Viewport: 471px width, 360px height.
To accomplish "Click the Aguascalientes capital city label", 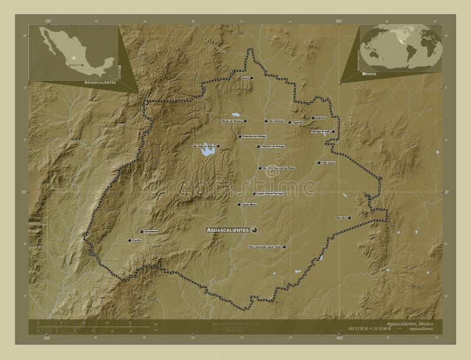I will pos(227,229).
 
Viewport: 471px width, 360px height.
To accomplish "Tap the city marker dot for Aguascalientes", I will pos(254,229).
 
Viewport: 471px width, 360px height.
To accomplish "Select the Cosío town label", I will pos(244,78).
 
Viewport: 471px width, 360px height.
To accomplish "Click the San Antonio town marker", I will pos(266,121).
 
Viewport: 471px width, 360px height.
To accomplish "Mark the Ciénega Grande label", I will pos(321,132).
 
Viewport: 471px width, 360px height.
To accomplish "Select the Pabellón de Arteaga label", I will pos(273,147).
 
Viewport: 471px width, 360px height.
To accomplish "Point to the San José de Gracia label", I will pos(203,146).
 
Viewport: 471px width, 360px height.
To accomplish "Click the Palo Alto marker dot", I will pos(350,218).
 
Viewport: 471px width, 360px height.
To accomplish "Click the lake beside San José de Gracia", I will pos(207,154).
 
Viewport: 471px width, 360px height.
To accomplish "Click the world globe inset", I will pos(401,48).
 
